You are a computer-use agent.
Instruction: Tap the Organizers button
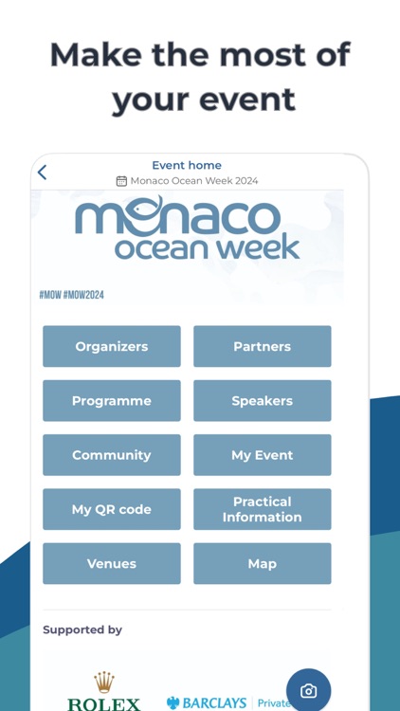pyautogui.click(x=112, y=346)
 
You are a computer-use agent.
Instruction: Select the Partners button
pyautogui.click(x=263, y=346)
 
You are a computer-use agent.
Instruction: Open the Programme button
pyautogui.click(x=112, y=401)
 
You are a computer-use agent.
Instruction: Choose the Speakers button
pyautogui.click(x=263, y=401)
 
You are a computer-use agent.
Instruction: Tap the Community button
pyautogui.click(x=112, y=455)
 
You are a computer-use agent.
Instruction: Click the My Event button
pyautogui.click(x=263, y=455)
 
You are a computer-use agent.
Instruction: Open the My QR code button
pyautogui.click(x=112, y=509)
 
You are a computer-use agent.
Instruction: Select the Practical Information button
pyautogui.click(x=263, y=509)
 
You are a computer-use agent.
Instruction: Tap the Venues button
pyautogui.click(x=112, y=563)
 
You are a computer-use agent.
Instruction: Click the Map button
pyautogui.click(x=263, y=563)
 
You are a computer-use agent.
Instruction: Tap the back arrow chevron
pyautogui.click(x=42, y=173)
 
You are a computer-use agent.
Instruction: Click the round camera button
pyautogui.click(x=308, y=691)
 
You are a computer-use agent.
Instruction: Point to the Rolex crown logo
pyautogui.click(x=103, y=683)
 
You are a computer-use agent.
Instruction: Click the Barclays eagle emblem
pyautogui.click(x=173, y=703)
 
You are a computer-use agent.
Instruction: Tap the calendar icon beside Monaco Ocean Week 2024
pyautogui.click(x=121, y=181)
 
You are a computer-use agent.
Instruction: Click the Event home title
pyautogui.click(x=187, y=165)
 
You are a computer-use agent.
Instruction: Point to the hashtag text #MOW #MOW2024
pyautogui.click(x=72, y=295)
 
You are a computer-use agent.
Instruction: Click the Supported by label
pyautogui.click(x=82, y=629)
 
